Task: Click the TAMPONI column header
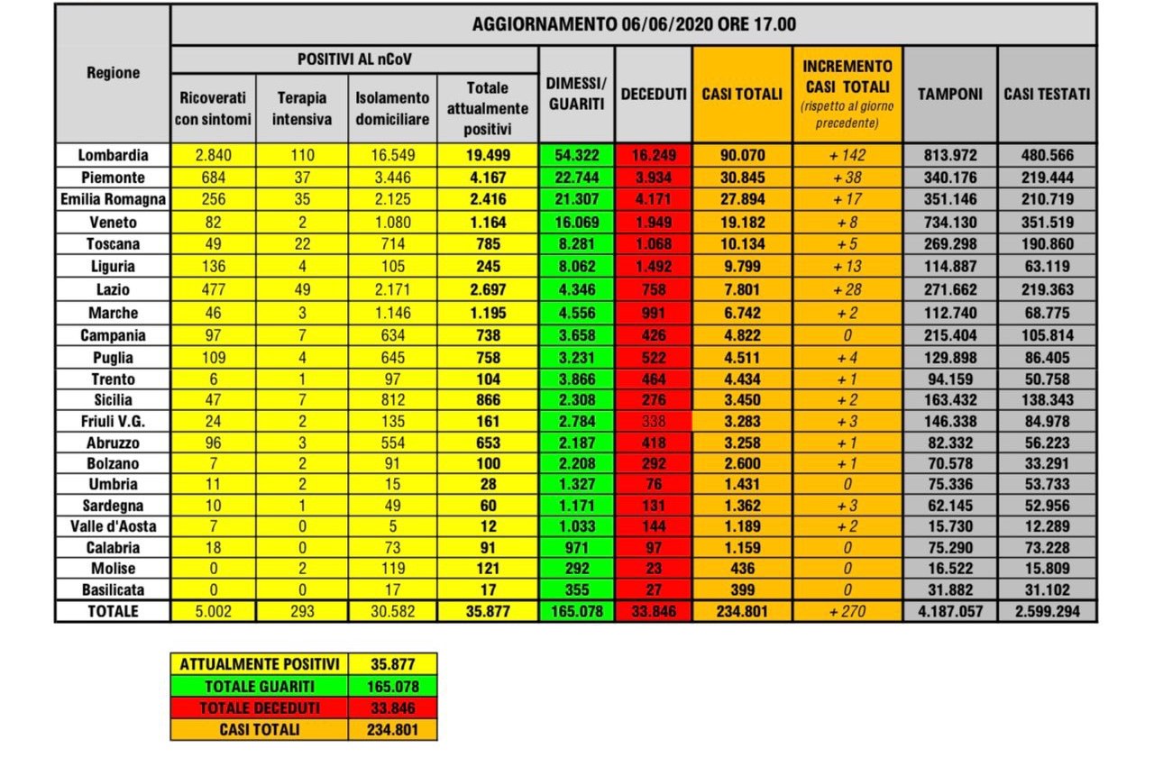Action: click(949, 94)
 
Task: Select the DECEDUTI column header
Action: click(654, 94)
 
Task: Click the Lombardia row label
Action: click(113, 155)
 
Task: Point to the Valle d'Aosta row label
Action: click(113, 525)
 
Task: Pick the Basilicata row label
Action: click(113, 589)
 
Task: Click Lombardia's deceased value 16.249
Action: click(654, 155)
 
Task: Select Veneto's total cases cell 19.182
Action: click(742, 221)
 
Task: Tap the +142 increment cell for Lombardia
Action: click(847, 155)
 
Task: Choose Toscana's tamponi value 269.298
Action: click(949, 243)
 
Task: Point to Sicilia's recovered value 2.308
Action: click(576, 399)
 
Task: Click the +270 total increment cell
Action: click(847, 611)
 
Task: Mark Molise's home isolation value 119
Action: click(391, 568)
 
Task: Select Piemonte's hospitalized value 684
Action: click(213, 178)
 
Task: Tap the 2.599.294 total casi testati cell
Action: click(1047, 611)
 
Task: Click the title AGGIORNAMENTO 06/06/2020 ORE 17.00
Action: click(634, 24)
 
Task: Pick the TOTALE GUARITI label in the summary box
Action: click(260, 686)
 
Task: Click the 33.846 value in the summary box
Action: click(392, 708)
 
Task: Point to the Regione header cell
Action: click(113, 72)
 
